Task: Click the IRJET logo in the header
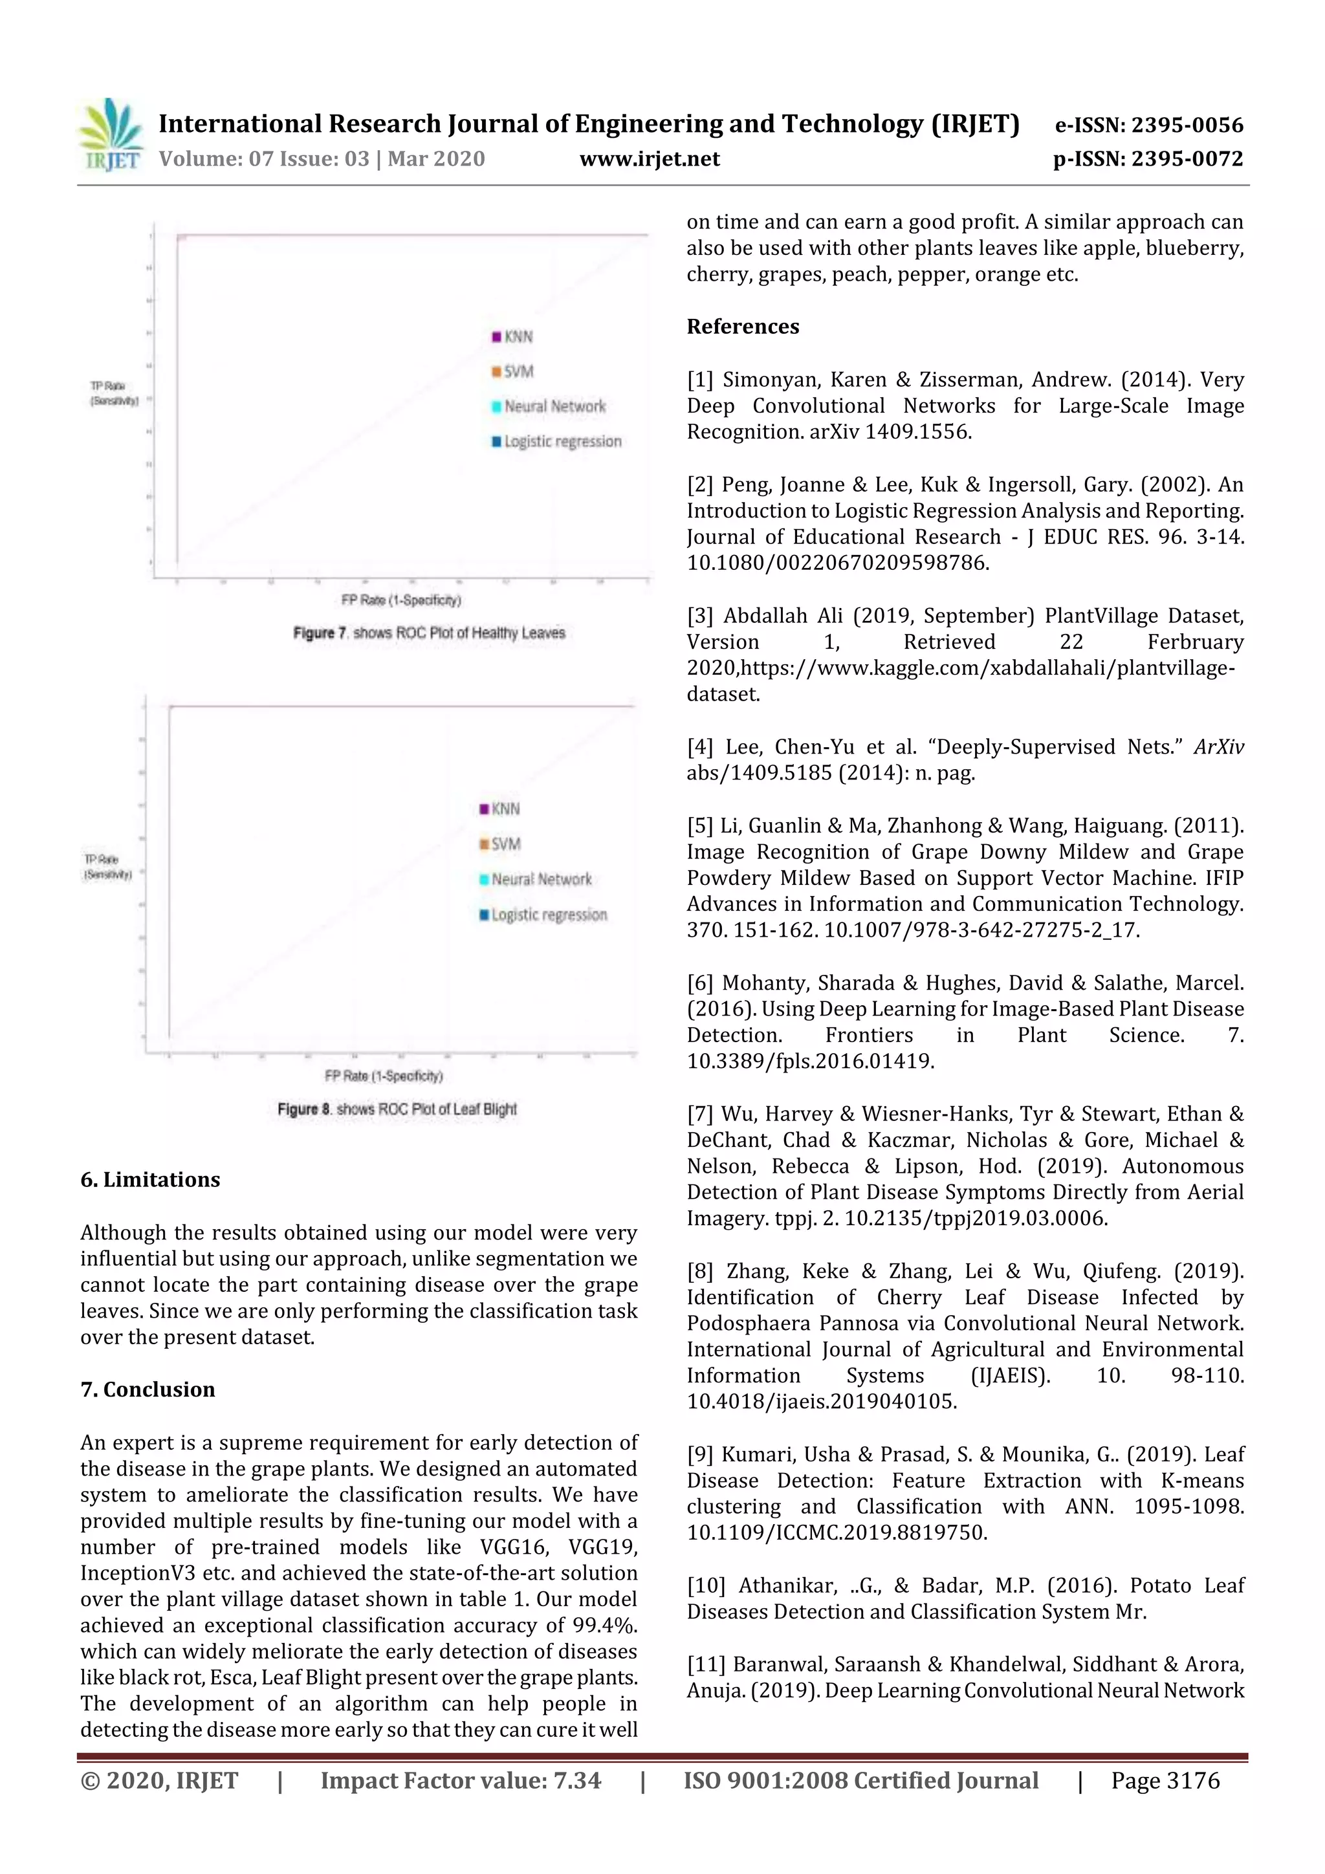(110, 135)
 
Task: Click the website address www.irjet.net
(649, 158)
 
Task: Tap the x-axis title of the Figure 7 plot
(401, 600)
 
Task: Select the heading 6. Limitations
(150, 1179)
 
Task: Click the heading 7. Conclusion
(148, 1389)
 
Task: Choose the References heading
(742, 327)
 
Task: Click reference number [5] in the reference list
(699, 826)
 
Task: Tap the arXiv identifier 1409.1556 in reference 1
(917, 431)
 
